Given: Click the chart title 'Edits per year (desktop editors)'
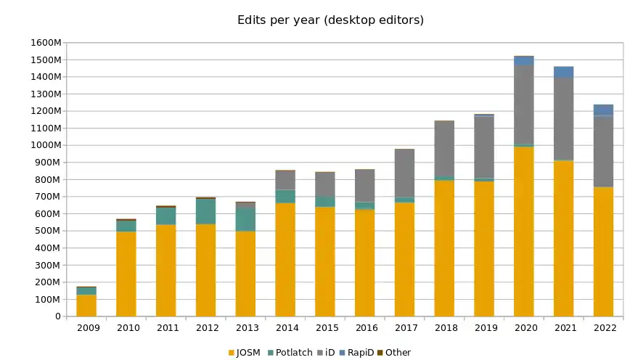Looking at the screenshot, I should click(330, 20).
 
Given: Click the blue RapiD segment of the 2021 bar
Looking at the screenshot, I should click(563, 72).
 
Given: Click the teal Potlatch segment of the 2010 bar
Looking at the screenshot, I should click(126, 225).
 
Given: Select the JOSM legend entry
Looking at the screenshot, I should click(245, 353).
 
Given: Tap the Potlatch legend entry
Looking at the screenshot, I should click(290, 353).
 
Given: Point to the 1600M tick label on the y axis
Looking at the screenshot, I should click(46, 43).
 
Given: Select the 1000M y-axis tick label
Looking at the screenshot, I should click(46, 145).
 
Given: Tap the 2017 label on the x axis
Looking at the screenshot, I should click(404, 328).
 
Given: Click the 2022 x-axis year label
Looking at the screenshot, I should click(603, 328).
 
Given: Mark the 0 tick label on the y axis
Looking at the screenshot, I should click(57, 316).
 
